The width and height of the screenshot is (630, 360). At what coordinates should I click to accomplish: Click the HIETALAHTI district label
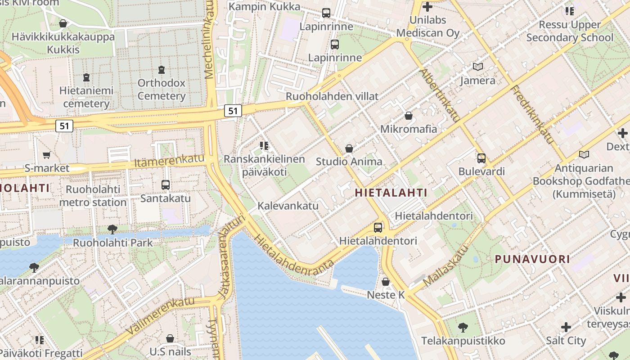point(391,193)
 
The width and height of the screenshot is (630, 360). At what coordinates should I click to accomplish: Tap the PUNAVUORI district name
point(532,259)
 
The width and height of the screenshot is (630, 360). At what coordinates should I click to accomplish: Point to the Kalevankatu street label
point(288,206)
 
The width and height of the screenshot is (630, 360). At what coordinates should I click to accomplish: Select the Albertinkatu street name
point(440,95)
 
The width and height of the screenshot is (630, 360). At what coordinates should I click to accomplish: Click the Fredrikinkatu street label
point(532,115)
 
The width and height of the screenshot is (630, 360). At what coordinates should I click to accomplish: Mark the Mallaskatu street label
point(446,266)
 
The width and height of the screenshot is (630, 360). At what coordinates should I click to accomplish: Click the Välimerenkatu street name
point(160,315)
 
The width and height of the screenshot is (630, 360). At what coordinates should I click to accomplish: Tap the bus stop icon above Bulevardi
point(481,158)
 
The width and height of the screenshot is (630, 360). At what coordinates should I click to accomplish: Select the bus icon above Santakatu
point(165,184)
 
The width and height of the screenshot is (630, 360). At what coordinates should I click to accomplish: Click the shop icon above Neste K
point(386,282)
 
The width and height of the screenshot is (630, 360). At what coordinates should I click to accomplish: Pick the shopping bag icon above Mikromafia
point(408,116)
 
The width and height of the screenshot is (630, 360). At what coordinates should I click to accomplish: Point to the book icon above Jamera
point(477,67)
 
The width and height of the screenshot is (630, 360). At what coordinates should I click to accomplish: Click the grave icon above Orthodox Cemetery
point(162,70)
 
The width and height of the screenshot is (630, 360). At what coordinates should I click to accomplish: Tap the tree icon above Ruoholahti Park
point(112,229)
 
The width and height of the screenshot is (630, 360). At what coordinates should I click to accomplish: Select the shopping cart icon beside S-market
point(46,155)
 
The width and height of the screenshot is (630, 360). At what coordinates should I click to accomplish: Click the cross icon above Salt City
point(566,327)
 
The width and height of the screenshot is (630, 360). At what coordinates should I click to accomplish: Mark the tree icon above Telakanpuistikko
point(463,327)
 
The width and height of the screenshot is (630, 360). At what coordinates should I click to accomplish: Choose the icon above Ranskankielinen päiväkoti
point(264,146)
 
